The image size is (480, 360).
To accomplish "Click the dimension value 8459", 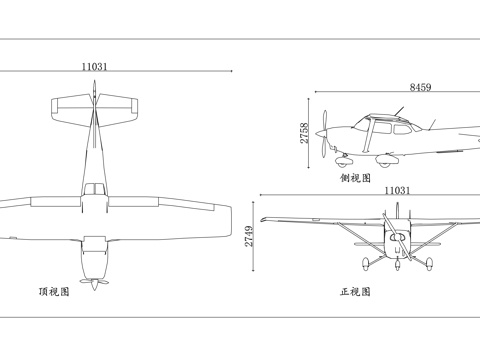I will point(420,88).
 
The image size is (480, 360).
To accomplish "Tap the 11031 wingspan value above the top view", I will point(95,66).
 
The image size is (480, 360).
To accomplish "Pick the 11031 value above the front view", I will point(397,190).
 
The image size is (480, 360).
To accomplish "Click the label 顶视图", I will point(53,293).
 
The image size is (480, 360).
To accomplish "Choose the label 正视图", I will point(355,293).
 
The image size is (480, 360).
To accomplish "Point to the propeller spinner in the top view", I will point(94,282).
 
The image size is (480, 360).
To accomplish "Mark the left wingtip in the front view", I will point(264,218).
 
